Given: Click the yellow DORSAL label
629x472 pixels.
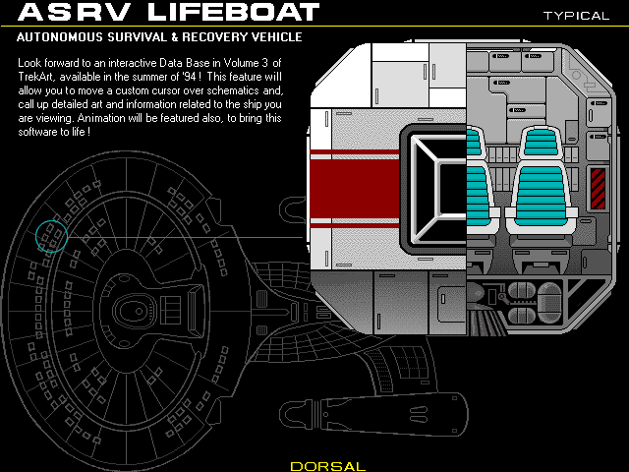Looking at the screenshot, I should click(328, 465).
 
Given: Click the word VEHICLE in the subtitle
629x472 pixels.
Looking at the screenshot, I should click(274, 37).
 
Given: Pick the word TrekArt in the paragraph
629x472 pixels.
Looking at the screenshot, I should click(38, 78).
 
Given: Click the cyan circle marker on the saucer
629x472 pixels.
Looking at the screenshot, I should click(51, 235).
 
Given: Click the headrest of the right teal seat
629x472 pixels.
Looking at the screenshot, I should click(542, 143).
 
